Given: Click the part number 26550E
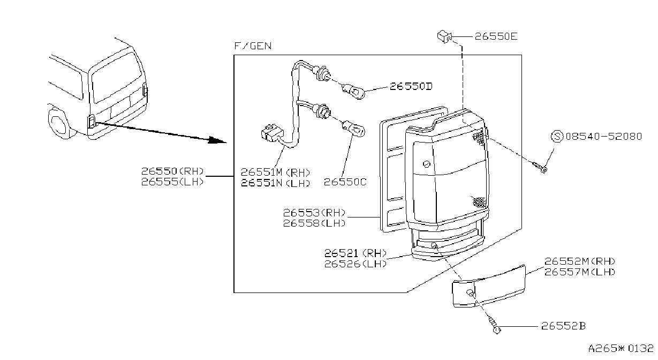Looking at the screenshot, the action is click(x=496, y=36).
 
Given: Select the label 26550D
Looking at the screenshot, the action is click(x=411, y=86).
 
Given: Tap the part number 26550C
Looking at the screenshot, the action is click(x=345, y=182).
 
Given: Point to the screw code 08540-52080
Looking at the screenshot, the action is click(x=603, y=137).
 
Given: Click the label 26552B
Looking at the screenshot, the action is click(x=563, y=326).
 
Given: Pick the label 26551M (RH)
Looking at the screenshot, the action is click(x=276, y=172).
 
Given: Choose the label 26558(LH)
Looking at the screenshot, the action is click(x=314, y=223).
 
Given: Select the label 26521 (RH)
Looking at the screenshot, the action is click(x=356, y=253).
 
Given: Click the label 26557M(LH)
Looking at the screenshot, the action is click(x=580, y=272).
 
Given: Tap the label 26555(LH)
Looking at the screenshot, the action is click(x=172, y=182).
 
